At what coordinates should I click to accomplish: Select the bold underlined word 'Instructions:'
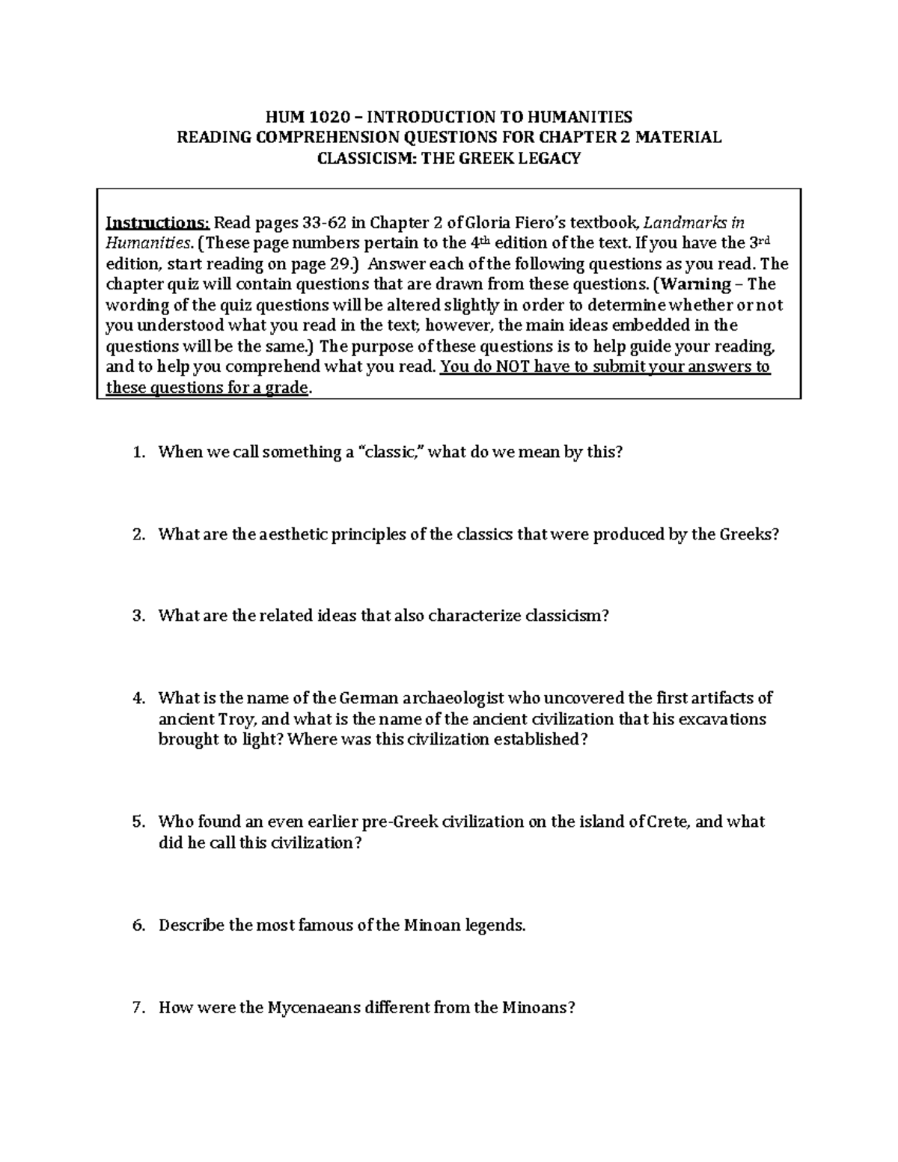tap(158, 223)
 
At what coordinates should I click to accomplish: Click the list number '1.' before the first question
tap(138, 453)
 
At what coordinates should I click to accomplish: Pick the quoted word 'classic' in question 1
tap(390, 453)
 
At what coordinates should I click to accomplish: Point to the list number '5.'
tap(138, 822)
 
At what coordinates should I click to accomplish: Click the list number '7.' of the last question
tap(138, 1008)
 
